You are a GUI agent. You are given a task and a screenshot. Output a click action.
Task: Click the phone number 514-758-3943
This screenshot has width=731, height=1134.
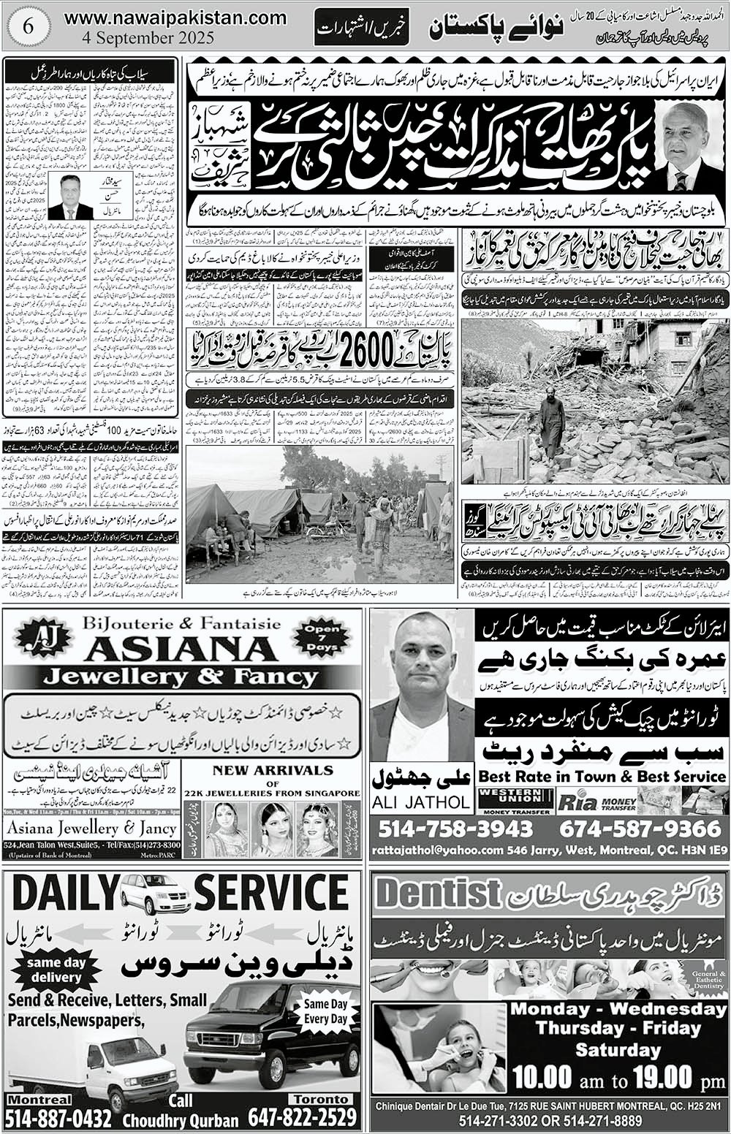click(455, 829)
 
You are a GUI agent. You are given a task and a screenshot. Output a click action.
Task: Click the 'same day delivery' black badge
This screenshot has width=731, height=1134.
click(56, 970)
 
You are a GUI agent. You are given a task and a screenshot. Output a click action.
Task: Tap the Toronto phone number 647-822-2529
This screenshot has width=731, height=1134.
click(303, 1118)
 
